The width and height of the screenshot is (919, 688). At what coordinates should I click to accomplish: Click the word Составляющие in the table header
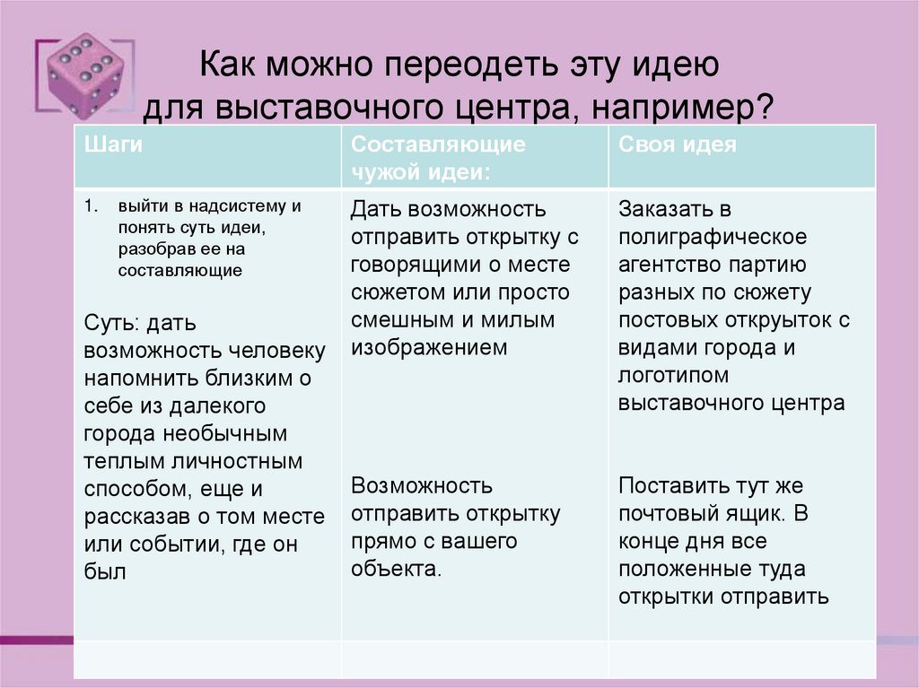tap(439, 144)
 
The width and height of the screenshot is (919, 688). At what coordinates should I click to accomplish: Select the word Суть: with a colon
tap(112, 322)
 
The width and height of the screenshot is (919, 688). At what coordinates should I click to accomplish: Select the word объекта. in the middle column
tap(396, 569)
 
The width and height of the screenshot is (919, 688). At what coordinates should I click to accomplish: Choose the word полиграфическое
tap(713, 238)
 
